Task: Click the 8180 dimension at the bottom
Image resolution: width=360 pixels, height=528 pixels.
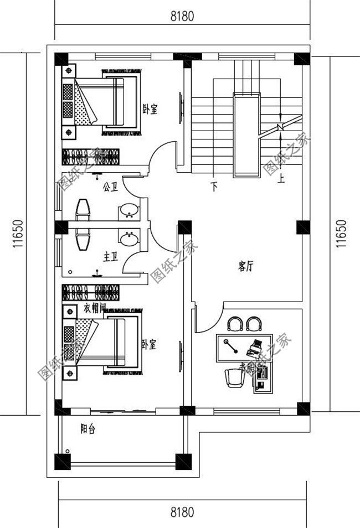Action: (182, 513)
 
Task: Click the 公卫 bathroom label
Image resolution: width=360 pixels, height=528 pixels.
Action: (110, 187)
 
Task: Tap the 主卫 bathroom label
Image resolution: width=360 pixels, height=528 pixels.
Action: (110, 257)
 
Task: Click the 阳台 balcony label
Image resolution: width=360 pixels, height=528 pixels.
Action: (88, 428)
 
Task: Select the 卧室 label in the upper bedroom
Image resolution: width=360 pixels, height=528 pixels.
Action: (150, 110)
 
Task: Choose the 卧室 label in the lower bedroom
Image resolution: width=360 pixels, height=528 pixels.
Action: (148, 344)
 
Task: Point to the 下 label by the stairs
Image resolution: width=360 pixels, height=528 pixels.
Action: (214, 187)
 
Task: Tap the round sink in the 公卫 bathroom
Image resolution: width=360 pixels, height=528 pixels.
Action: (129, 210)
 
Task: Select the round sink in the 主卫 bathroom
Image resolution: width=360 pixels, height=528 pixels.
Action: (129, 239)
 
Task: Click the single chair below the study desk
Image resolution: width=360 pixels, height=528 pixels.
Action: (234, 379)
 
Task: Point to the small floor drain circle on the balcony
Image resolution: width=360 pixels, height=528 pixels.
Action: (68, 452)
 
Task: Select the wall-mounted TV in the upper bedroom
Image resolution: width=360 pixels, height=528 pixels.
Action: (181, 105)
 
